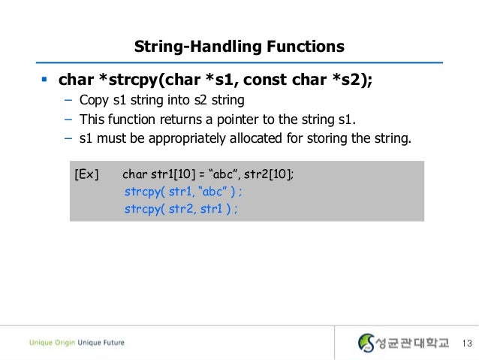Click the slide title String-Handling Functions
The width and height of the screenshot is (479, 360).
tap(239, 47)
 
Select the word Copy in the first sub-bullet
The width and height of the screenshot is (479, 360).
tap(96, 101)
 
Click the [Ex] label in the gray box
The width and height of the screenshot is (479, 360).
tap(87, 175)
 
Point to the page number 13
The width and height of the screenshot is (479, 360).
tap(465, 343)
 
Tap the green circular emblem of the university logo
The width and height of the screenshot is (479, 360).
tap(366, 343)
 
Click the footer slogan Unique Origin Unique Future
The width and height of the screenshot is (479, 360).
tap(77, 343)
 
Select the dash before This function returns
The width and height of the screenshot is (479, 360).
tap(67, 119)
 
